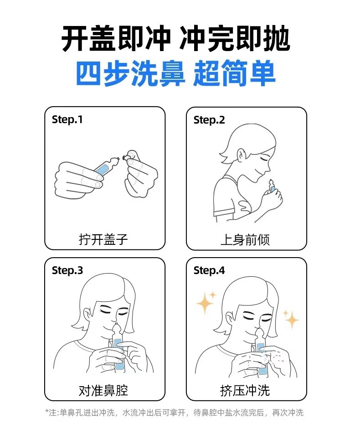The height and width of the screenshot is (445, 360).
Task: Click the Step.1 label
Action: click(67, 120)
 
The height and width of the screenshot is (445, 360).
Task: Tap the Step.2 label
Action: click(209, 120)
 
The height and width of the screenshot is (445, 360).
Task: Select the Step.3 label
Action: click(67, 270)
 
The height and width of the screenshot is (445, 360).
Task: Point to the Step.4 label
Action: click(209, 270)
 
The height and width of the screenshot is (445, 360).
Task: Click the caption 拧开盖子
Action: click(103, 239)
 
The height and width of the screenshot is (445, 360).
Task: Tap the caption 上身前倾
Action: click(245, 240)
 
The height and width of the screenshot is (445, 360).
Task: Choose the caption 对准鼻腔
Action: click(103, 390)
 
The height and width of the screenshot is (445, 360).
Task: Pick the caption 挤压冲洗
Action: click(245, 390)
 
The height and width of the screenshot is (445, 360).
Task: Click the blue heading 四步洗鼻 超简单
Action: click(176, 73)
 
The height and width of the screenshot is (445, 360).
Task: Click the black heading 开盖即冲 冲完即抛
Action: click(176, 38)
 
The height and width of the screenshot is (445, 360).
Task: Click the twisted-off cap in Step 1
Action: click(126, 156)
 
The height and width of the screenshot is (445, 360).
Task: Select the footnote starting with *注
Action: click(175, 412)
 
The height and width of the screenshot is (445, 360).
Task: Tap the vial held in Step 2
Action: click(272, 187)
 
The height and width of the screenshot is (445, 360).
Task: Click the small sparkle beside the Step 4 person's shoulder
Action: click(291, 319)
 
